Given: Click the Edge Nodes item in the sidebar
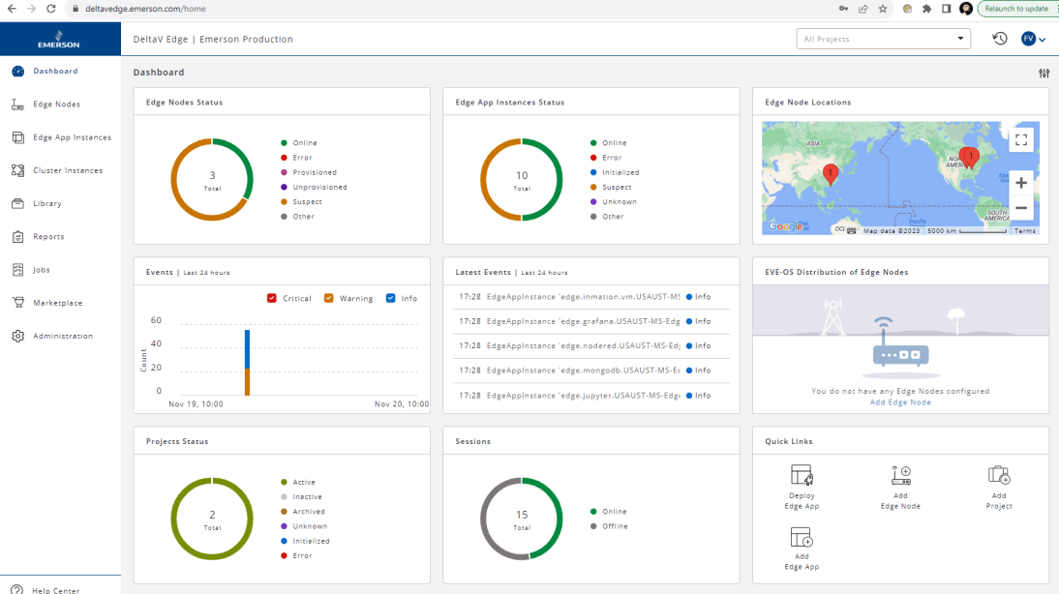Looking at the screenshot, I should click(x=56, y=104).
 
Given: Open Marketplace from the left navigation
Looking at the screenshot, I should click(x=57, y=303).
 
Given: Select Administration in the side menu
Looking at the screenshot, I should click(x=62, y=336).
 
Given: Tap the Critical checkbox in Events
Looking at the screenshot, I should click(x=272, y=298).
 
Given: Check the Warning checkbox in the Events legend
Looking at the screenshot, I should click(x=329, y=298).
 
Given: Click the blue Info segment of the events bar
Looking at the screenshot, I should click(x=247, y=348).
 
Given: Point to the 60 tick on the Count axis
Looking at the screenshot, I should click(x=156, y=320).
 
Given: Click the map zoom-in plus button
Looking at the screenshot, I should click(x=1020, y=182).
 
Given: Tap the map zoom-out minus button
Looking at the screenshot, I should click(x=1020, y=208).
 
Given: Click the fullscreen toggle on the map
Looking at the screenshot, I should click(x=1020, y=140).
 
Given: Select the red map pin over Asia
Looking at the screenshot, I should click(x=830, y=173).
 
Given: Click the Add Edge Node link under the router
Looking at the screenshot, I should click(x=900, y=402).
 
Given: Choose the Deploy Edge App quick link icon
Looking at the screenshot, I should click(x=802, y=475).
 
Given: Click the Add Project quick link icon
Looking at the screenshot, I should click(x=999, y=475).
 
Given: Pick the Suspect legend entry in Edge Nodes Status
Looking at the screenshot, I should click(x=307, y=202).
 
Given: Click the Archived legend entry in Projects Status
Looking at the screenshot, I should click(x=309, y=512).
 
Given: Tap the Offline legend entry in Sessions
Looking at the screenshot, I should click(x=615, y=526).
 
